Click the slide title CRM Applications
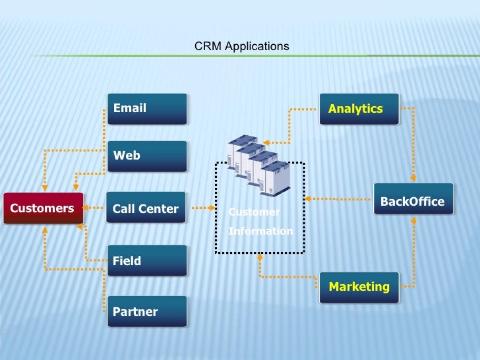241,47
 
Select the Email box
147,109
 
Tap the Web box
147,156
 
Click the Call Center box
147,209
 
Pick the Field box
147,261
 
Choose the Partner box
147,312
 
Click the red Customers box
43,209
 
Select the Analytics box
359,109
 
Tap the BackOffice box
413,199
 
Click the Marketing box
359,287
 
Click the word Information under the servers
260,231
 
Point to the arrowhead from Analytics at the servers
268,140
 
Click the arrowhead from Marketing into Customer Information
260,257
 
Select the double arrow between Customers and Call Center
95,209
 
